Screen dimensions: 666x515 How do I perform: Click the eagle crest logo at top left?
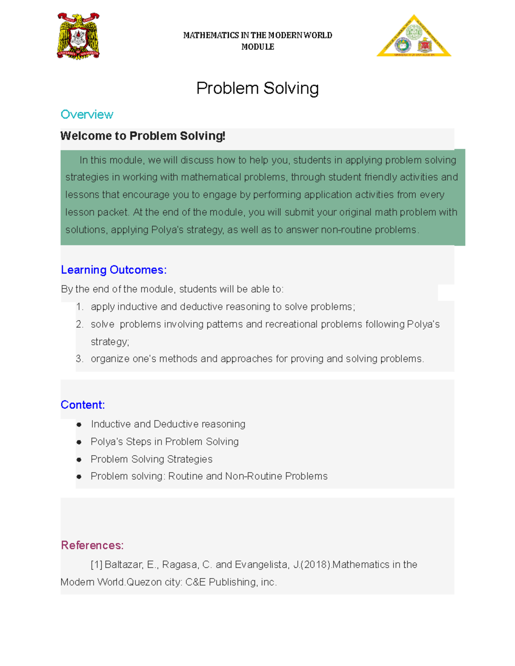pyautogui.click(x=79, y=36)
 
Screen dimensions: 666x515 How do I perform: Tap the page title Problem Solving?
pyautogui.click(x=257, y=88)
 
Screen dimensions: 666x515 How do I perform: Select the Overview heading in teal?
pyautogui.click(x=87, y=115)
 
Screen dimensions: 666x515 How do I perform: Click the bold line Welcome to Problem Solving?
pyautogui.click(x=143, y=136)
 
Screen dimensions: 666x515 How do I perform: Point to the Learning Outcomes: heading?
pyautogui.click(x=114, y=270)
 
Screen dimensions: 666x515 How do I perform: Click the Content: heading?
pyautogui.click(x=83, y=405)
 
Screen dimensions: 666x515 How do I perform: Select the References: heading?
pyautogui.click(x=92, y=545)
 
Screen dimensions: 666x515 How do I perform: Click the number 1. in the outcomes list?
pyautogui.click(x=79, y=307)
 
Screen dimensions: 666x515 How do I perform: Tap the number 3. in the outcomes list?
pyautogui.click(x=79, y=359)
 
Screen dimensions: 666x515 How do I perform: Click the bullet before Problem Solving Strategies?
pyautogui.click(x=79, y=459)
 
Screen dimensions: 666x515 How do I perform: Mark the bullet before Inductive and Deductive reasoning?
pyautogui.click(x=79, y=425)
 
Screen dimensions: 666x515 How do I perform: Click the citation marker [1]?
pyautogui.click(x=97, y=565)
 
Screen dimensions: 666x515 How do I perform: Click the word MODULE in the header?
pyautogui.click(x=257, y=47)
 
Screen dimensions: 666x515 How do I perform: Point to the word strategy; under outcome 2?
pyautogui.click(x=110, y=342)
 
